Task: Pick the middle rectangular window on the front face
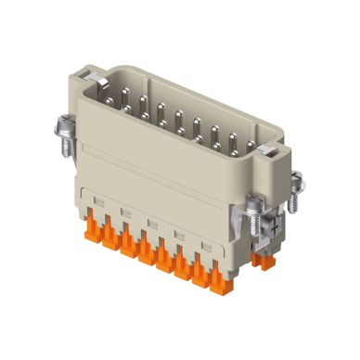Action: [148, 222]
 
